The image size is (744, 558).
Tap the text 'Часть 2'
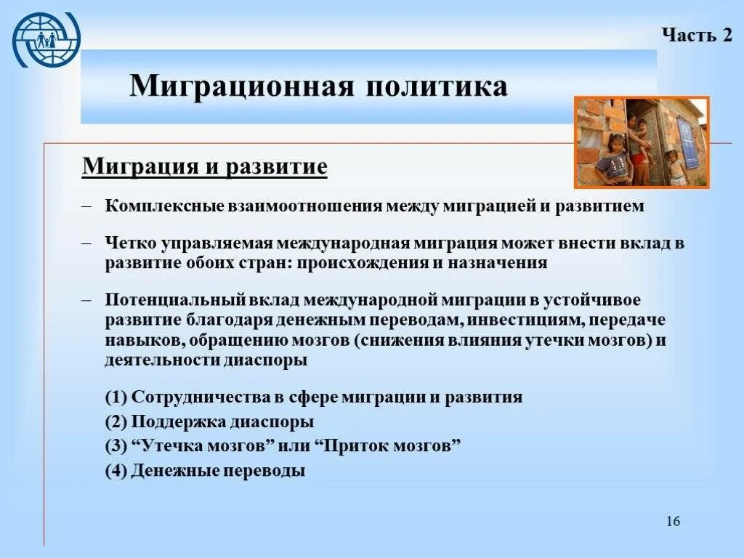point(696,36)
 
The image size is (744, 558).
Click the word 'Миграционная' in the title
point(240,86)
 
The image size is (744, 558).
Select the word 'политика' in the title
point(437,86)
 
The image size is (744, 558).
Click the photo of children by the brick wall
point(641,142)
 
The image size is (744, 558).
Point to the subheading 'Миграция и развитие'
point(205,166)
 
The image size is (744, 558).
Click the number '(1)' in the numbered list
point(116,397)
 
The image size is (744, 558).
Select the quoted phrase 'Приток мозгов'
point(389,445)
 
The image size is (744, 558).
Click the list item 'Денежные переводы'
point(219,470)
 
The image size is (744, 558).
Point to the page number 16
point(673,522)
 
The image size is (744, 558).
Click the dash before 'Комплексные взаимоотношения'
point(87,206)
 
